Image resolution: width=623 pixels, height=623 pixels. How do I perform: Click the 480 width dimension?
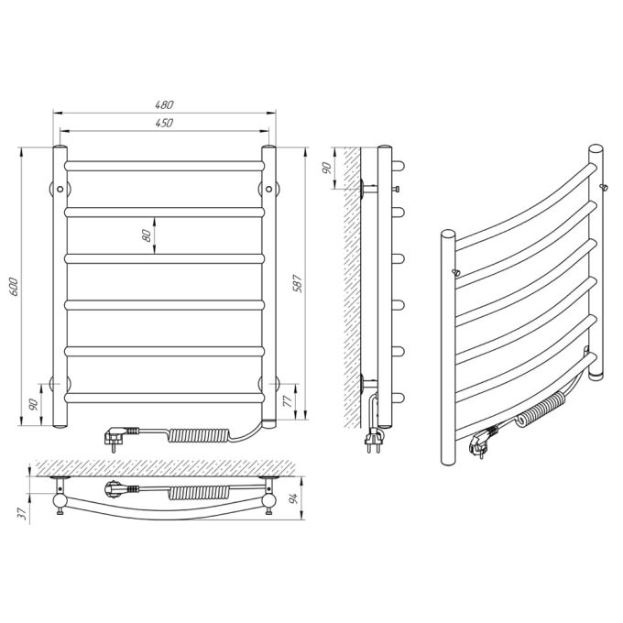164,104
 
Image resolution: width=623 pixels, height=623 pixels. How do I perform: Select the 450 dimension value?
164,123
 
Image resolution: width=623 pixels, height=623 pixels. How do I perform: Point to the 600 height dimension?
13,287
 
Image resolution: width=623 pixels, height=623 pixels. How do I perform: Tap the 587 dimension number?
299,283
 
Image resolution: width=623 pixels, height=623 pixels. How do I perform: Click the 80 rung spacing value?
147,235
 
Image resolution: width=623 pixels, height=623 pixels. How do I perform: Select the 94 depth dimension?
293,498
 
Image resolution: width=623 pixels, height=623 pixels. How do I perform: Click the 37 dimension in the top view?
24,513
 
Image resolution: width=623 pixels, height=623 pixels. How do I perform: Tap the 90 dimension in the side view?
326,168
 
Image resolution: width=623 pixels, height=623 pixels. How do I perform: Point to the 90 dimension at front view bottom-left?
33,404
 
